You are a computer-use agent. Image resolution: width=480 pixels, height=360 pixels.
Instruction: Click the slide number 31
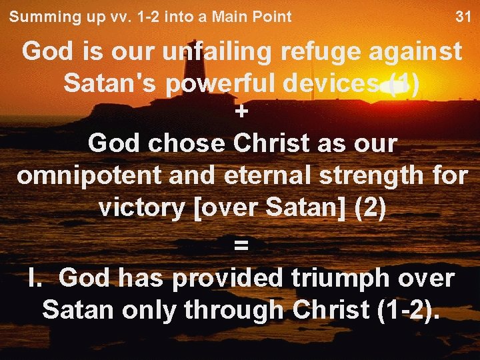click(463, 17)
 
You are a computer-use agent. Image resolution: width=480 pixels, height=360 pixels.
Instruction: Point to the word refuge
click(323, 52)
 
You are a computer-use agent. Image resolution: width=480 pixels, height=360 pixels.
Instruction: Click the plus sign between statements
click(241, 113)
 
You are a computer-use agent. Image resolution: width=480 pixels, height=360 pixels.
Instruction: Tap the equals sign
click(241, 245)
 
